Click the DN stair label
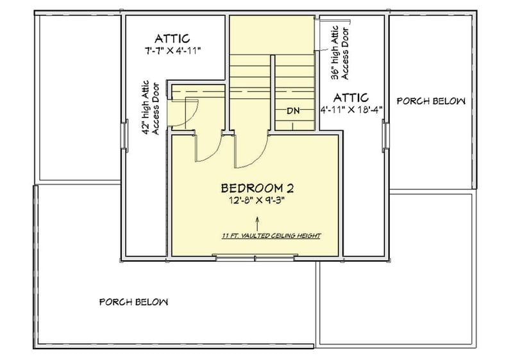coord(293,110)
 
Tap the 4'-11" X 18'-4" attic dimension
coord(351,109)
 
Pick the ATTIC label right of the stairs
coord(351,98)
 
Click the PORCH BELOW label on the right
coord(431,101)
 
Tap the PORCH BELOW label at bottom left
coord(133,302)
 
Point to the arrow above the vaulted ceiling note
coord(257,224)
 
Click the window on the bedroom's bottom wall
coord(256,258)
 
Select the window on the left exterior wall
coord(124,135)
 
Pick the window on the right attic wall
coord(386,135)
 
